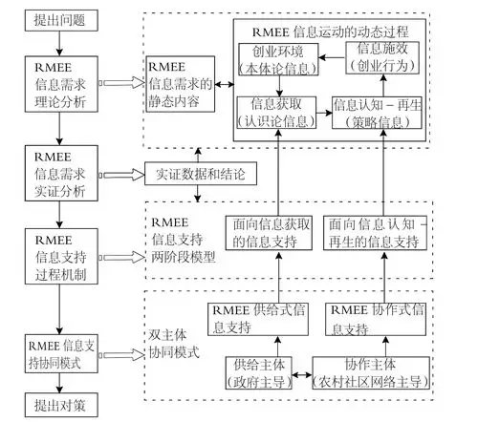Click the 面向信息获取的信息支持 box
coord(277,233)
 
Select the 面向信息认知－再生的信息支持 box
coord(380,233)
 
